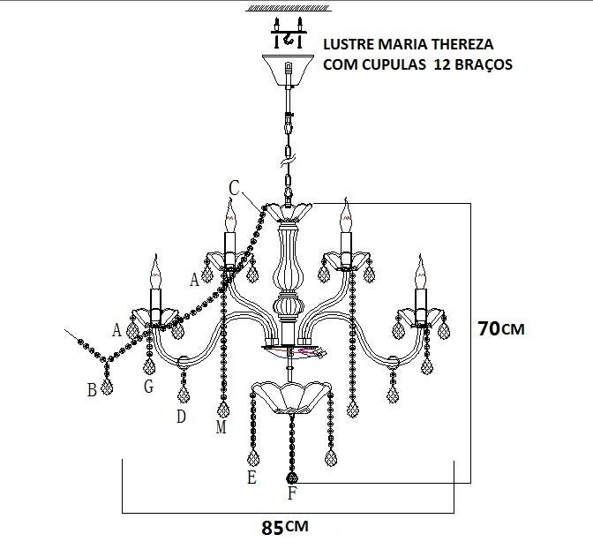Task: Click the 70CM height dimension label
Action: pos(501,328)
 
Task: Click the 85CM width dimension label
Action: pos(285,527)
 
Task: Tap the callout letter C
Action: pos(234,188)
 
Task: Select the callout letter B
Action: pos(92,390)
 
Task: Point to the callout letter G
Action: pos(149,387)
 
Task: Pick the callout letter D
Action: pos(181,417)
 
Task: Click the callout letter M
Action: pos(221,427)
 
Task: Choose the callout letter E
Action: pos(251,478)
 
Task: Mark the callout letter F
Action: pos(291,493)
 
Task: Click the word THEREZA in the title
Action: pos(462,44)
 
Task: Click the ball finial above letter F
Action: pos(291,478)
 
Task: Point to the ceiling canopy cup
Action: pos(289,70)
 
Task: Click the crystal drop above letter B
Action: pos(108,387)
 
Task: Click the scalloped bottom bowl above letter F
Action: pos(291,397)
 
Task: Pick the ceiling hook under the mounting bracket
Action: pos(289,38)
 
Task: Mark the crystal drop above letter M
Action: pos(223,410)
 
